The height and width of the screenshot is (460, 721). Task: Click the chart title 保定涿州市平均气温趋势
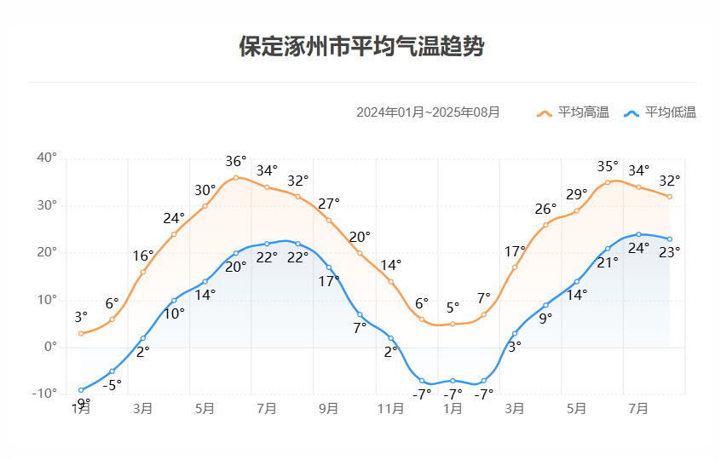point(360,46)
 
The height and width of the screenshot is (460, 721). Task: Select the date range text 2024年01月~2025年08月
point(428,112)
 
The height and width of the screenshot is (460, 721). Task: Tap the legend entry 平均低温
point(660,112)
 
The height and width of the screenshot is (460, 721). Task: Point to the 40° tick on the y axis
point(47,158)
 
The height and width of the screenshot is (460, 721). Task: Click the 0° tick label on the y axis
point(49,347)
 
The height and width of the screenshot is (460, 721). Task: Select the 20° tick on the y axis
point(47,252)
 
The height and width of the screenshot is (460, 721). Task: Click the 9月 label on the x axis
point(329,409)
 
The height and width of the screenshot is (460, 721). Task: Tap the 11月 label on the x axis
point(390,409)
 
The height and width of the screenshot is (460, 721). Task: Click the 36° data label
point(236,161)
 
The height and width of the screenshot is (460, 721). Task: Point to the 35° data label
point(608,166)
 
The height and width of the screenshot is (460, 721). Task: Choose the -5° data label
point(112,384)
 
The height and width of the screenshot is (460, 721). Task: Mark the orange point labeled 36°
point(236,177)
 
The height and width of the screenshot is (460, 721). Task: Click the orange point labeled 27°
point(329,220)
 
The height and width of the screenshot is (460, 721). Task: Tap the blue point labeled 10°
point(174,300)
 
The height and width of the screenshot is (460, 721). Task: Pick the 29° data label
point(577,194)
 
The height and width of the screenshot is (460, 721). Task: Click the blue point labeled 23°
point(670,239)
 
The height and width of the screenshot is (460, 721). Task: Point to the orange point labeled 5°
point(453,324)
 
